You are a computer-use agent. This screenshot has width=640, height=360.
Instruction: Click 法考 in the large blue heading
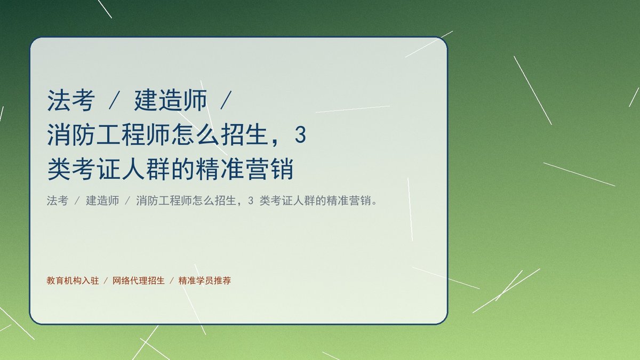71,100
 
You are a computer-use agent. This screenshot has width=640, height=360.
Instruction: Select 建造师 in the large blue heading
171,100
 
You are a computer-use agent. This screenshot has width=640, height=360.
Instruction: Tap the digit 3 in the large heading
300,135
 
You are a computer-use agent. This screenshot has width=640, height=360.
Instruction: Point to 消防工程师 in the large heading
109,135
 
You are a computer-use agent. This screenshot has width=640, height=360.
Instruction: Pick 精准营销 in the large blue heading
245,169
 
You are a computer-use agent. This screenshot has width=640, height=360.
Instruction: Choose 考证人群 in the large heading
109,169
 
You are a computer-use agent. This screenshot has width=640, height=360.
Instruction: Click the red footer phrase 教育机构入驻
73,281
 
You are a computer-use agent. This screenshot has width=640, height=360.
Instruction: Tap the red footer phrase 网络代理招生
139,281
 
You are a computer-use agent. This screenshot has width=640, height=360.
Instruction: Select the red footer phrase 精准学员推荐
205,281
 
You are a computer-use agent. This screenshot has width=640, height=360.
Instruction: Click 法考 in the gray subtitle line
58,201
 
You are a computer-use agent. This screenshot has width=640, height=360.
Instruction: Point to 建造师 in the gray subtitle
102,201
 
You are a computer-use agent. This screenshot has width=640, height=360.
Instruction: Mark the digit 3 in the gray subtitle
251,201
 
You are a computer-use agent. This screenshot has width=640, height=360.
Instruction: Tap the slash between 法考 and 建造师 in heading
114,100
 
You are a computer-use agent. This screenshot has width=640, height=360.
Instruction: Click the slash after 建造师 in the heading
226,100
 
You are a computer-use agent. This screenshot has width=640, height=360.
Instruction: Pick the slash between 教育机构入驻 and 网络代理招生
106,281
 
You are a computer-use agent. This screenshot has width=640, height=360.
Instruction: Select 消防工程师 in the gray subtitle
164,201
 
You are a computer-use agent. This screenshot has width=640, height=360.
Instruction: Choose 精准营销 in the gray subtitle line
349,201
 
